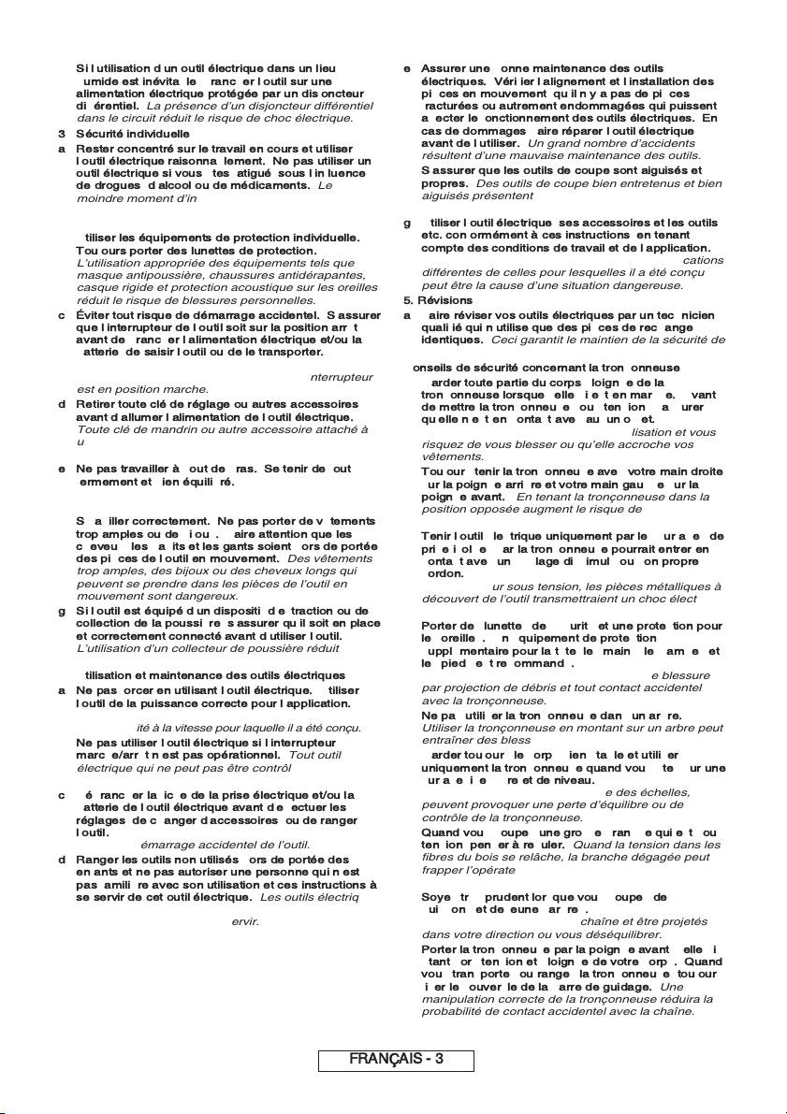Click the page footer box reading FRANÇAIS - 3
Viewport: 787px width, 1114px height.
tap(396, 1059)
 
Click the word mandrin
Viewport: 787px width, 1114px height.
tap(149, 429)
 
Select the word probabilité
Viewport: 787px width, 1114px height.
tap(456, 1011)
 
